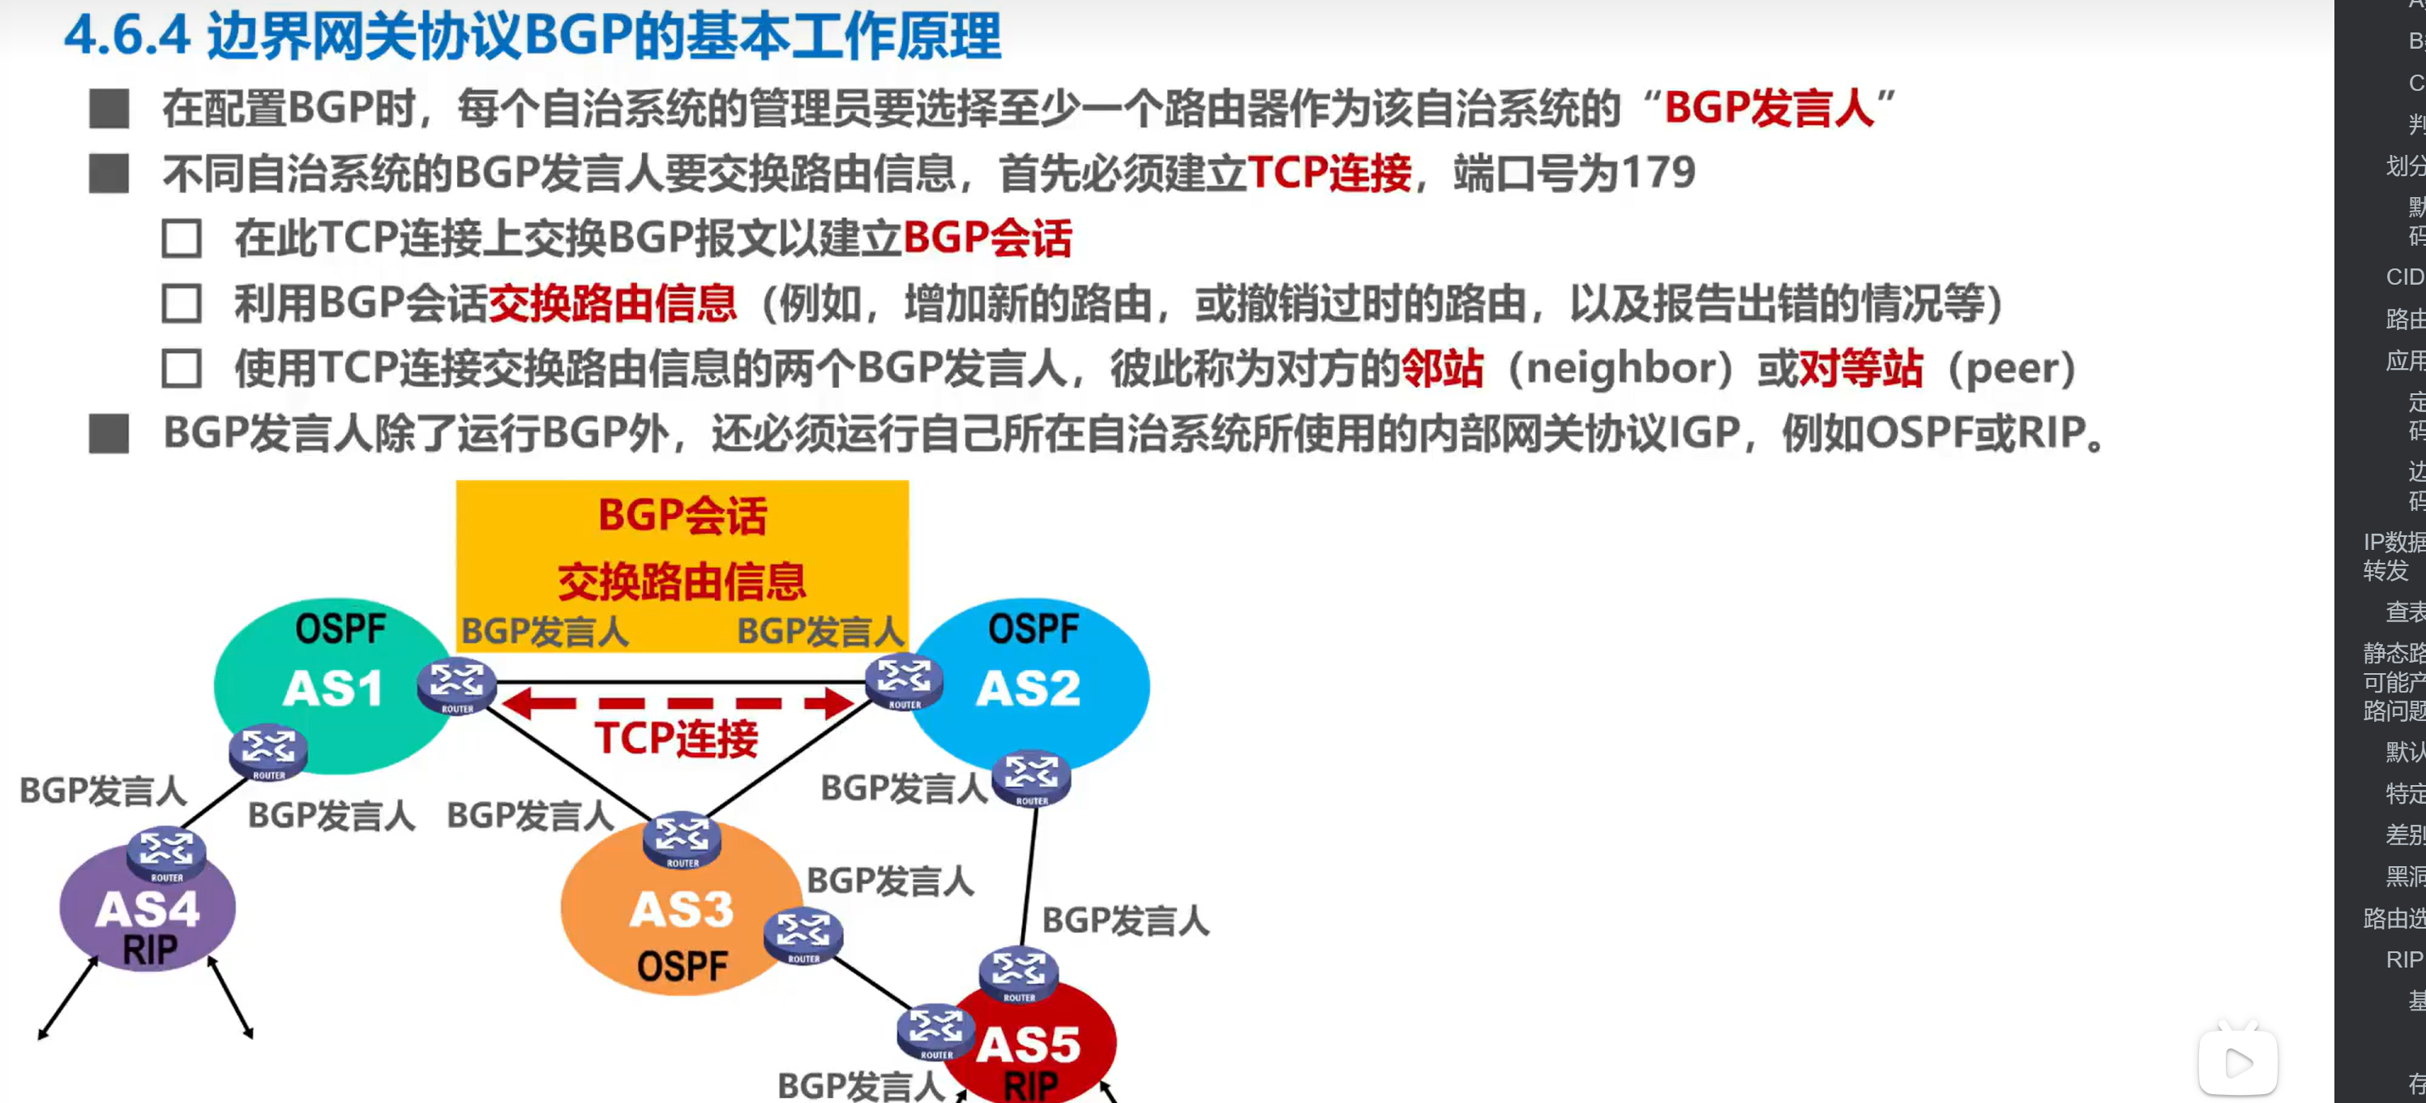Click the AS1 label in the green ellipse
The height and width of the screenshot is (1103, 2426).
tap(332, 688)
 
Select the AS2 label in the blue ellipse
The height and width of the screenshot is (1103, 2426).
tap(1028, 688)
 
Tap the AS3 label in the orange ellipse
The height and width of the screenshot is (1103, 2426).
tap(681, 910)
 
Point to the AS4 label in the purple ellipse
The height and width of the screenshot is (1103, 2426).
tap(147, 909)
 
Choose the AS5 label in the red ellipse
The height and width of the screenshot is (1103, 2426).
tap(1029, 1045)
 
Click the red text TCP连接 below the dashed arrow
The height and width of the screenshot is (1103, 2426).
tap(675, 739)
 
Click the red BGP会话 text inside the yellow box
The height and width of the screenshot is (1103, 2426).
tap(682, 516)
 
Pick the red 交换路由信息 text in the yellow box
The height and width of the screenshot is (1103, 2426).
tap(682, 582)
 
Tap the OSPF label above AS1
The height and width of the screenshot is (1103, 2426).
tap(340, 629)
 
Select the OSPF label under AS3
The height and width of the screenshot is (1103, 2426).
tap(682, 967)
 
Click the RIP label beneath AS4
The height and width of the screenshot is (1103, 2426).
tap(149, 951)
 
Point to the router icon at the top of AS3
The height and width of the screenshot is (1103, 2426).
tap(681, 839)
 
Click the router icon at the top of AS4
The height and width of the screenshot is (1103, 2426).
tap(167, 852)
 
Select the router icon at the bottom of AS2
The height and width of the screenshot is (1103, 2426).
tap(1032, 777)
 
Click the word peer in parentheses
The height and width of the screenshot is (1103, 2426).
tap(2012, 368)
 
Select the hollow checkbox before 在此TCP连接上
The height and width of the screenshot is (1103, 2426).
tap(181, 239)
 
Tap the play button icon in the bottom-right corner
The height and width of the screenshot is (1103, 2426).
tap(2238, 1063)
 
